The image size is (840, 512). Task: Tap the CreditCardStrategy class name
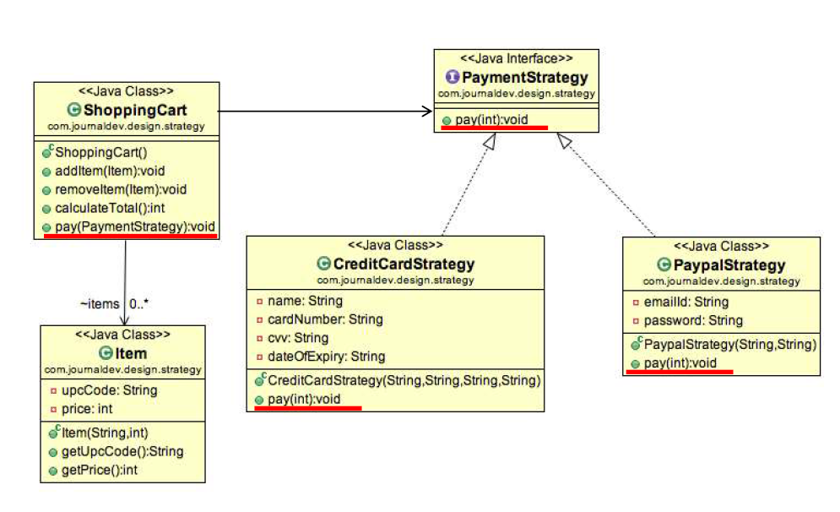(404, 264)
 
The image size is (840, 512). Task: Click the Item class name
(131, 354)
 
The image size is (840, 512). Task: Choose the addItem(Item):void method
(109, 171)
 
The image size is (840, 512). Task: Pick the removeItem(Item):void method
(121, 189)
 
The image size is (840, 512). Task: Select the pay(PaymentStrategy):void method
(135, 226)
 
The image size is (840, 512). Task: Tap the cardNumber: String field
(325, 319)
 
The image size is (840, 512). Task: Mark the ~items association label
(98, 302)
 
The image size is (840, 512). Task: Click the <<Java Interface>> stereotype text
(516, 58)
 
